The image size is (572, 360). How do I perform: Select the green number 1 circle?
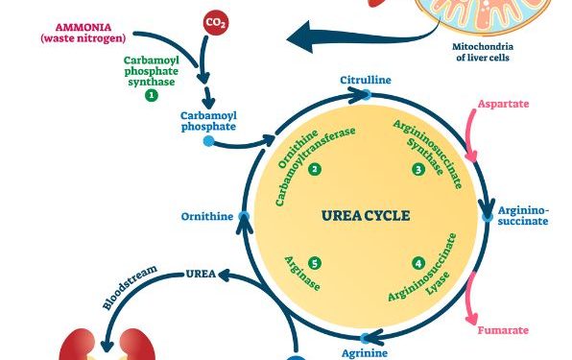tap(151, 95)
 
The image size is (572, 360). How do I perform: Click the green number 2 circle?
tap(315, 168)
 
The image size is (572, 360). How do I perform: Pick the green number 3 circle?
tap(418, 168)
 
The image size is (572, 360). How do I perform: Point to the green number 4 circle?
tap(418, 262)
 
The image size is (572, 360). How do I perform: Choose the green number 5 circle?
tap(315, 262)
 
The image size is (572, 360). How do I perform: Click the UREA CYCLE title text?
tap(365, 216)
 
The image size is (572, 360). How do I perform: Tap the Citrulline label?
tap(365, 80)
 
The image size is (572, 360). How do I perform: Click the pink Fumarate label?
tap(503, 330)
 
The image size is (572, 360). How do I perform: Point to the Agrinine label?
tap(365, 352)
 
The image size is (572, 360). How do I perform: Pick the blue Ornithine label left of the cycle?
tap(206, 217)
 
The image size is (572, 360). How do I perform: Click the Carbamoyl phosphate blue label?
tap(208, 121)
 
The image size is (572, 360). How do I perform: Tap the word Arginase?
tap(299, 276)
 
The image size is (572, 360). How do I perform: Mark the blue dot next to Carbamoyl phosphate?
tap(208, 142)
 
